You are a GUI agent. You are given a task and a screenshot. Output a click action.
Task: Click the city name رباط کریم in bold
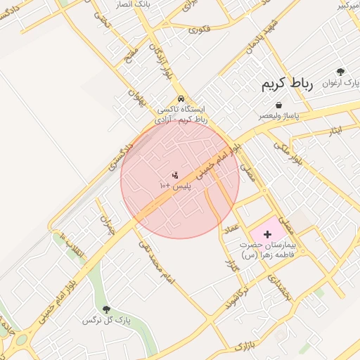[287, 84]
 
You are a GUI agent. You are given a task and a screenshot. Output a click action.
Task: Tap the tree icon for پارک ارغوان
[341, 72]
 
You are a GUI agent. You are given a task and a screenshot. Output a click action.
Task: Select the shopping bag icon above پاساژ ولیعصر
[279, 105]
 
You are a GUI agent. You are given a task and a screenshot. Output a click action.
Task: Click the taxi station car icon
[181, 98]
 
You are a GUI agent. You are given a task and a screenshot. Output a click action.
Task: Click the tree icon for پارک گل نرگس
[107, 309]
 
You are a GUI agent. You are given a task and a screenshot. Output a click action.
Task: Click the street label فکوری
[200, 30]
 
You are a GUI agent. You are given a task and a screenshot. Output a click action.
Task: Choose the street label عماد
[231, 229]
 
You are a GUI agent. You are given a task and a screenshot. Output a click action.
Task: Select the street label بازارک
[243, 345]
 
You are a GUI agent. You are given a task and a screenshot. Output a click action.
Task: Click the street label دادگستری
[121, 155]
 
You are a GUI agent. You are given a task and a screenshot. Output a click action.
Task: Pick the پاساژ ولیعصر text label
[278, 115]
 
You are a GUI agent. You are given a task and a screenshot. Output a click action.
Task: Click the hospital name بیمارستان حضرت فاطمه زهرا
[269, 250]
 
